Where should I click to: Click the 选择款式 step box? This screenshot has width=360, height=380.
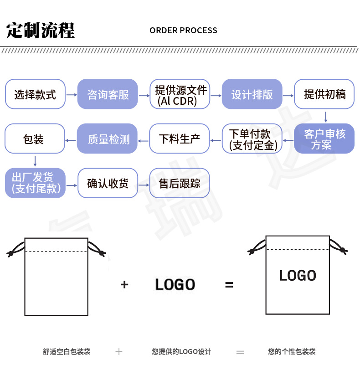[35, 94]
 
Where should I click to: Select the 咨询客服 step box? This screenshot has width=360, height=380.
[108, 94]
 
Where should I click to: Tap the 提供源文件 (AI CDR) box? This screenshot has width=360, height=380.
[180, 94]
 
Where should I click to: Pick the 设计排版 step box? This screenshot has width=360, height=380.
[252, 94]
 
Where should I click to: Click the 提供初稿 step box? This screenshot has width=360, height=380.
[324, 94]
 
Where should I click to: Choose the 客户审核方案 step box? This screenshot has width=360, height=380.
[324, 139]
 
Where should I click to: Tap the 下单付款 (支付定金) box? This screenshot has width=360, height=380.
[252, 139]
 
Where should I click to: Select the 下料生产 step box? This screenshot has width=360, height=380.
[180, 139]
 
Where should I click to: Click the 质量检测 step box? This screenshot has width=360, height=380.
[108, 139]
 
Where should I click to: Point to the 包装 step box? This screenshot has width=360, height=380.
[35, 139]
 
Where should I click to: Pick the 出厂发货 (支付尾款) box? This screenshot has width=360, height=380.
[35, 183]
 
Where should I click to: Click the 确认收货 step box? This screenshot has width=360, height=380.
[108, 183]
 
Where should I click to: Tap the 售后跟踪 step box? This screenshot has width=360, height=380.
[180, 183]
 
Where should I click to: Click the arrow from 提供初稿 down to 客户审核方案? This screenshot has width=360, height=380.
[325, 117]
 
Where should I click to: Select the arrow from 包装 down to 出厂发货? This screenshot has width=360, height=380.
[35, 161]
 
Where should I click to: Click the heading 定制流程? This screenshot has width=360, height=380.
[41, 31]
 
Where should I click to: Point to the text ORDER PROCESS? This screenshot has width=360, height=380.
[183, 31]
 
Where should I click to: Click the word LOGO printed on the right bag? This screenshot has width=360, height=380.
[298, 276]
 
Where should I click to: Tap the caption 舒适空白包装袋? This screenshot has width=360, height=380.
[67, 352]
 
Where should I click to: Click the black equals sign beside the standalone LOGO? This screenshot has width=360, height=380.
[229, 285]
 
